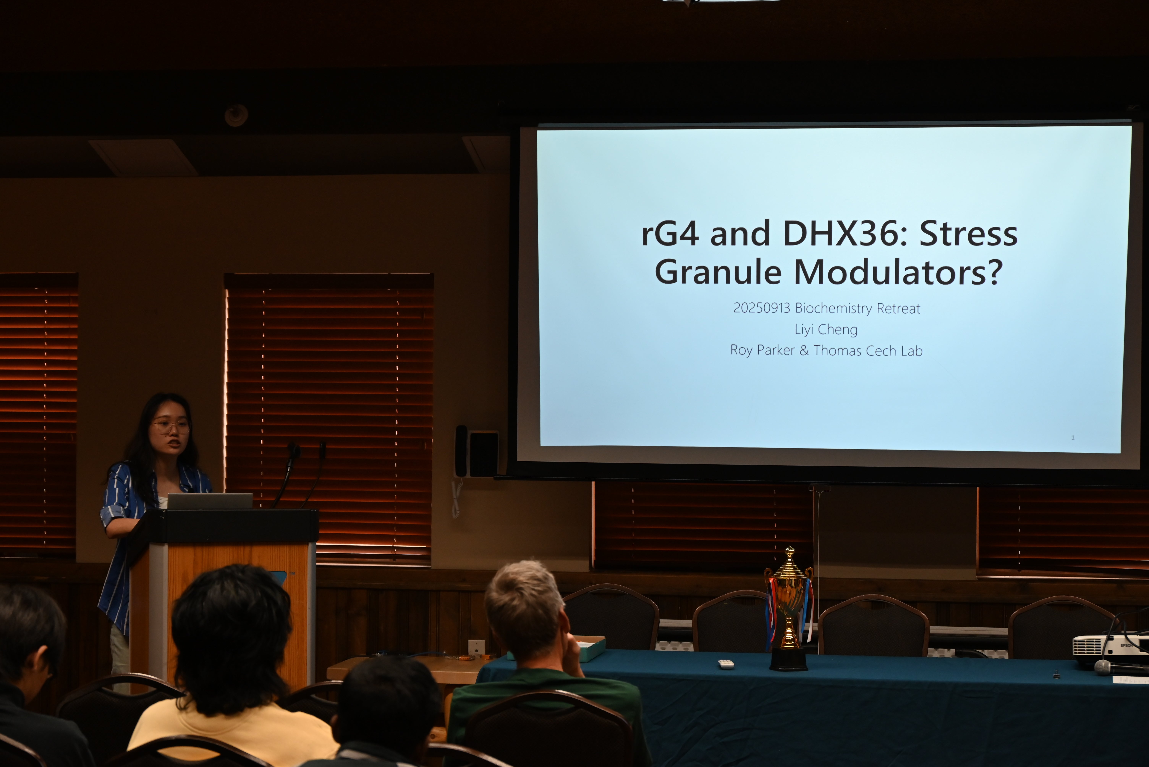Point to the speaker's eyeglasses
coord(171,426)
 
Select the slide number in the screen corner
coord(1073,437)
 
